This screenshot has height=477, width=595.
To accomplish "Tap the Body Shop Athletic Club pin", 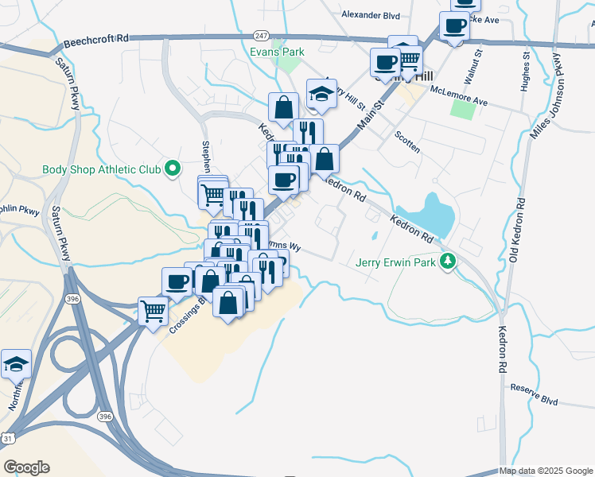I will (171, 169).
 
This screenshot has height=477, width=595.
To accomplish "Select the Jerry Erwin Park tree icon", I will (449, 261).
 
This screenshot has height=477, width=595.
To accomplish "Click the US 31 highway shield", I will (7, 438).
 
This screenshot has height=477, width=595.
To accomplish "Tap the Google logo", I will (26, 467).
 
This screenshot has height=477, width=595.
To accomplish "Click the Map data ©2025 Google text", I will (545, 471).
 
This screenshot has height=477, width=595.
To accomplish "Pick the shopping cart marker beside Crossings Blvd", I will (153, 312).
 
